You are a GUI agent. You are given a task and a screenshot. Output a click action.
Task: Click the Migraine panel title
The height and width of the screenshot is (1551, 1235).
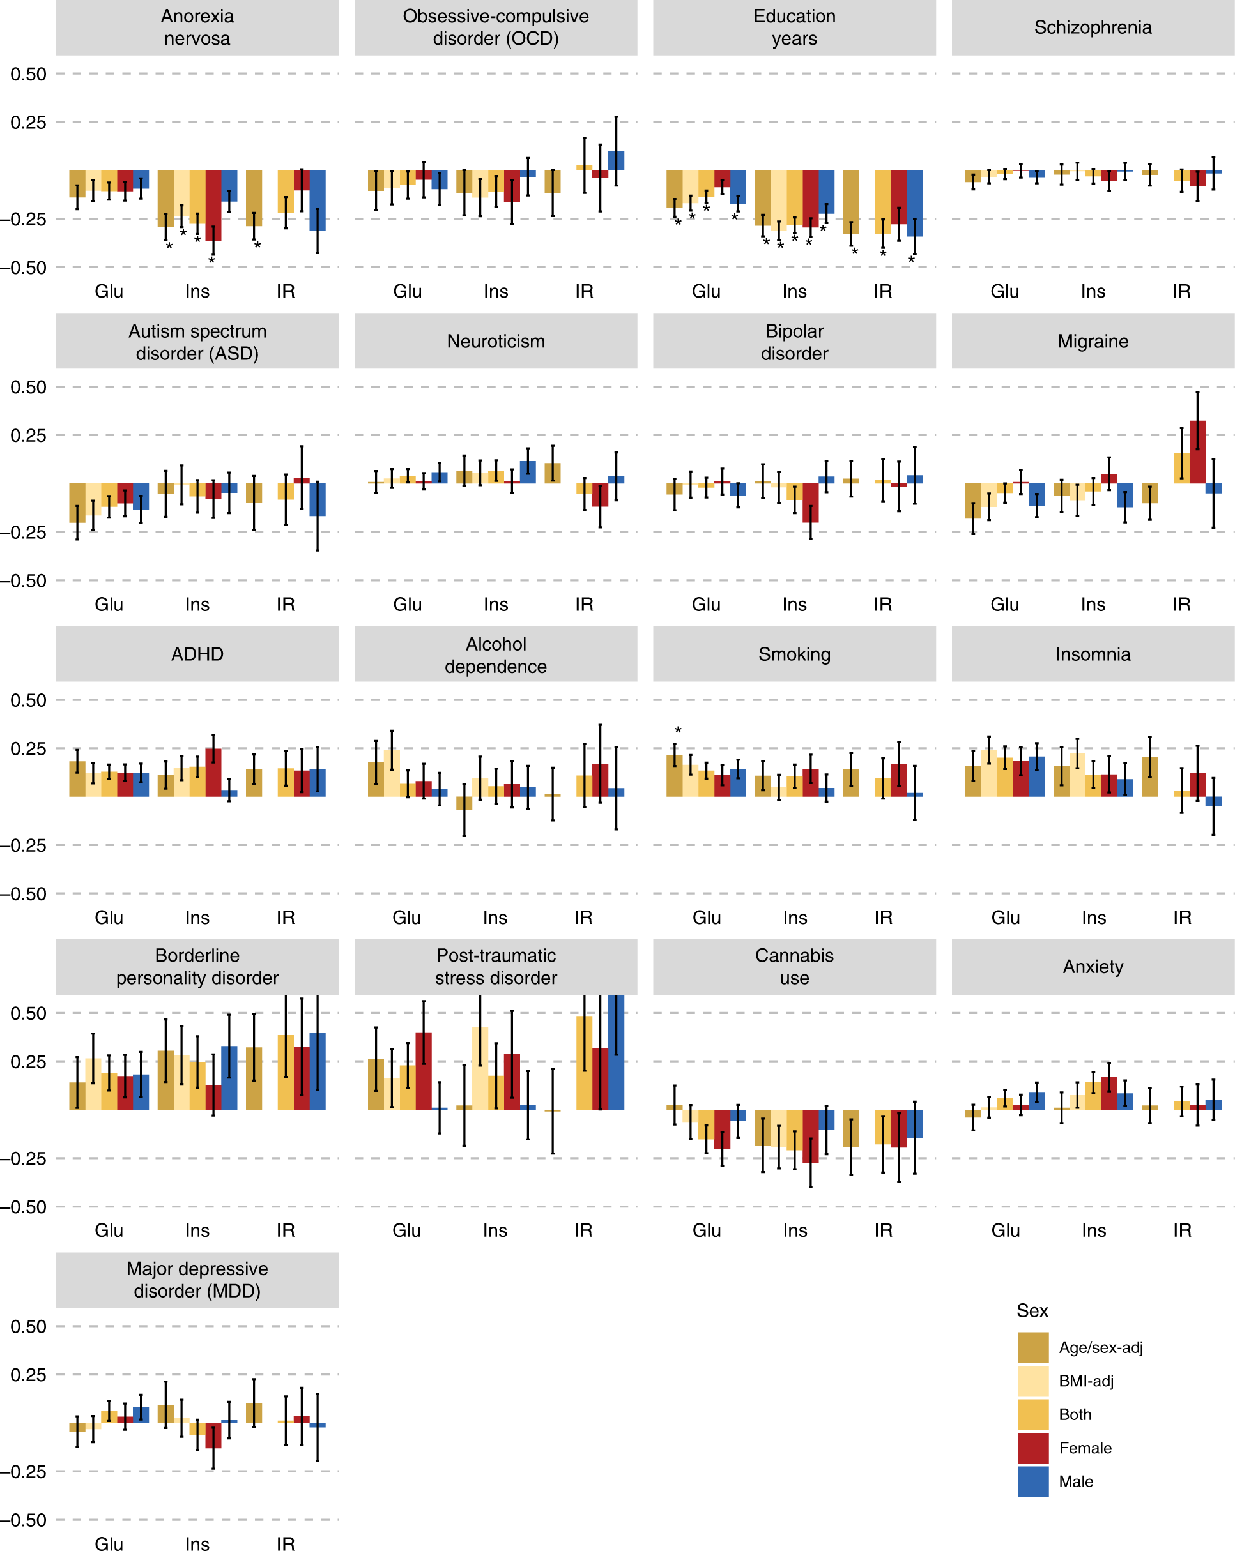[x=1092, y=341]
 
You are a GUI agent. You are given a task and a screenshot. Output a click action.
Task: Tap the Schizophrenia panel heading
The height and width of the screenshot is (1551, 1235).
[x=1092, y=27]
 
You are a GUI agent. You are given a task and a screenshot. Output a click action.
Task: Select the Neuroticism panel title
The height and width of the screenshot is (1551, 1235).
[x=495, y=341]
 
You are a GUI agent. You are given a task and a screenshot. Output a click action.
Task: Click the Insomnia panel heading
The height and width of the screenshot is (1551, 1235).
[x=1092, y=654]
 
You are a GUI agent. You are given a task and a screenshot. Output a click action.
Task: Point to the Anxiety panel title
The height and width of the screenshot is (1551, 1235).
[x=1092, y=967]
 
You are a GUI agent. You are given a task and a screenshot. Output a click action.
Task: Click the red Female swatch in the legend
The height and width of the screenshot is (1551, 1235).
[x=1032, y=1448]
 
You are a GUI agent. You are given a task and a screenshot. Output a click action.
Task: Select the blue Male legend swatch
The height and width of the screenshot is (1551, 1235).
[x=1032, y=1482]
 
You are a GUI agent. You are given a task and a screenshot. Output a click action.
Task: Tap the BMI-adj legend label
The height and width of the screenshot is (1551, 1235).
[x=1085, y=1381]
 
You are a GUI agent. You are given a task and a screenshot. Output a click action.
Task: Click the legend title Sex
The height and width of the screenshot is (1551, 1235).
[x=1031, y=1311]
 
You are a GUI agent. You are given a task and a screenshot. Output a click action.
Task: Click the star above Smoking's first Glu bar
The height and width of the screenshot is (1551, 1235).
[x=677, y=730]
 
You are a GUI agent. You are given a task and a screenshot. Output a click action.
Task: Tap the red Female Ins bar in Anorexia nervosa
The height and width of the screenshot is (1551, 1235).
[x=213, y=205]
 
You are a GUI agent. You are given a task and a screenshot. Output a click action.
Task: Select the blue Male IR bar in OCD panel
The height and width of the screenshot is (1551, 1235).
[x=615, y=160]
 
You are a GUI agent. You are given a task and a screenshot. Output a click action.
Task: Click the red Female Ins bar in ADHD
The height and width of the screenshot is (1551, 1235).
[x=213, y=772]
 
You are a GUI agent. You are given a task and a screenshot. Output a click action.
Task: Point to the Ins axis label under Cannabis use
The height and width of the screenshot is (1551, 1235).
[x=795, y=1230]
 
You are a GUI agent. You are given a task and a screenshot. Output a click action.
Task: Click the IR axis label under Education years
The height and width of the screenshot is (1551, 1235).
[x=882, y=291]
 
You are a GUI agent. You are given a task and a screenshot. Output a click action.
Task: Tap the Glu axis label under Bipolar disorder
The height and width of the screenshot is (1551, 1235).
[x=705, y=604]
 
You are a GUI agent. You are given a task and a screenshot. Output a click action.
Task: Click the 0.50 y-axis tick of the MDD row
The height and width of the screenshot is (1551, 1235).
[x=28, y=1326]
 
